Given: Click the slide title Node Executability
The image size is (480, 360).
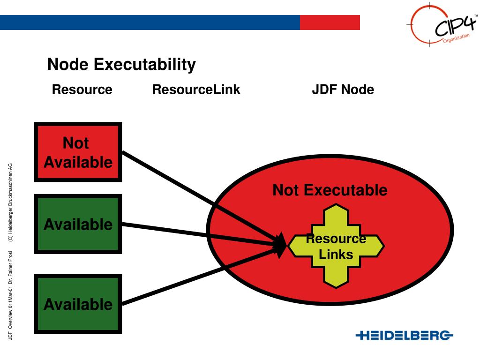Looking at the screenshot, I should (x=121, y=65).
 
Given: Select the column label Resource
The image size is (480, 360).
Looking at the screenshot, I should (x=82, y=90).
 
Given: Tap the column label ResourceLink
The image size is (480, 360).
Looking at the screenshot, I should (x=196, y=90).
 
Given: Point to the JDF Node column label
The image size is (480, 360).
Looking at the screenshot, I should (x=343, y=90).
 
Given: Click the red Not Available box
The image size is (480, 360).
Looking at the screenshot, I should (x=78, y=152).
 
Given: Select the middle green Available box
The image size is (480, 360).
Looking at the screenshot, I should (x=78, y=224).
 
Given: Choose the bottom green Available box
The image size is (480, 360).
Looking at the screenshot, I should (x=78, y=304).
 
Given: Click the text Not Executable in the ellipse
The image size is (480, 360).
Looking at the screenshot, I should (x=330, y=190).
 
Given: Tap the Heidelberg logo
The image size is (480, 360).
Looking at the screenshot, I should (x=405, y=335).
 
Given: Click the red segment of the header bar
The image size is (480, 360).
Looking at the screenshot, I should (x=330, y=22).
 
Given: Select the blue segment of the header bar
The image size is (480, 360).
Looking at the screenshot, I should (x=150, y=22).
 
